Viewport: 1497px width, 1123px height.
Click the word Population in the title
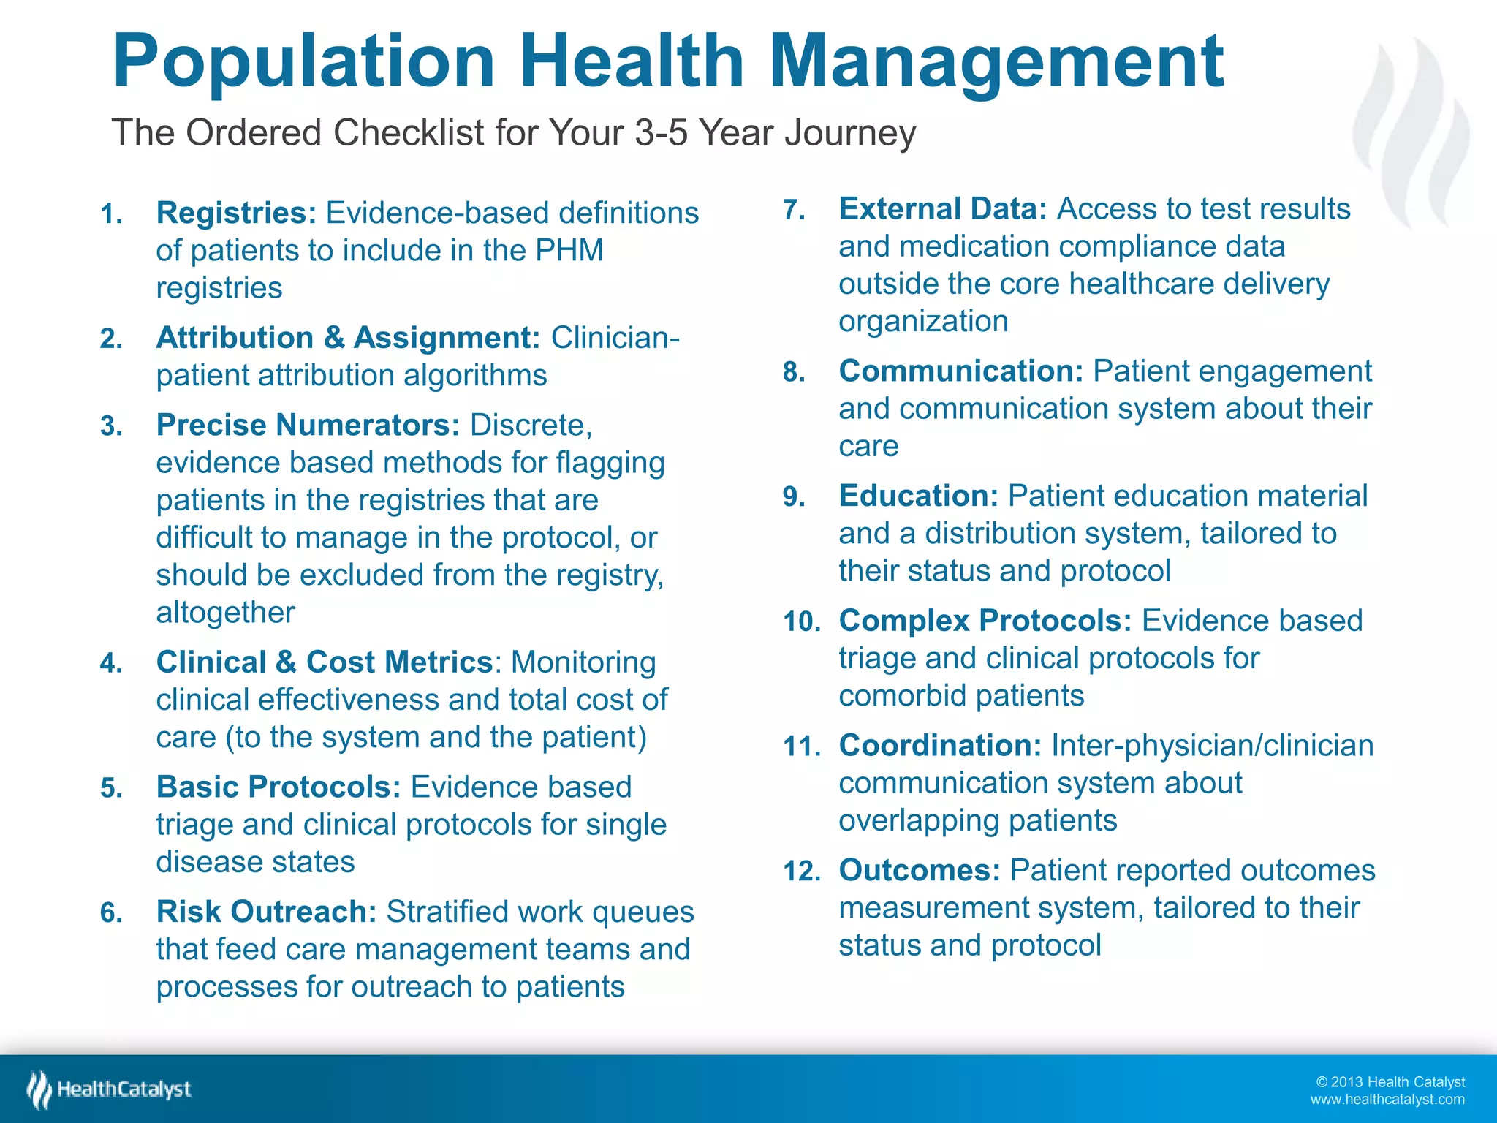point(303,62)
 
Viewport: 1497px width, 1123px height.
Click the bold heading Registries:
point(236,213)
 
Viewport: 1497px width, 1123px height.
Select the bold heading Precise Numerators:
point(308,425)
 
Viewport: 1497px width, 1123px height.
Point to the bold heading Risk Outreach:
point(266,912)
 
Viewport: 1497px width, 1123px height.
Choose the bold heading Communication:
point(960,371)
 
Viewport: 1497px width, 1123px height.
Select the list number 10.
point(801,622)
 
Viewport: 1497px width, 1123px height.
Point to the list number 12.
point(801,872)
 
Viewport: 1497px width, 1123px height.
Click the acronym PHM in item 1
point(569,251)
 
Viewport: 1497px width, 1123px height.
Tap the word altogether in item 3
point(225,613)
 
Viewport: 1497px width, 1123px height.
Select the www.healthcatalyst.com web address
point(1387,1100)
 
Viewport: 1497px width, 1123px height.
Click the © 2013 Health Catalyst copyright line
point(1390,1082)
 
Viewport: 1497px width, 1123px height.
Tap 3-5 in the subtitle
point(662,133)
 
